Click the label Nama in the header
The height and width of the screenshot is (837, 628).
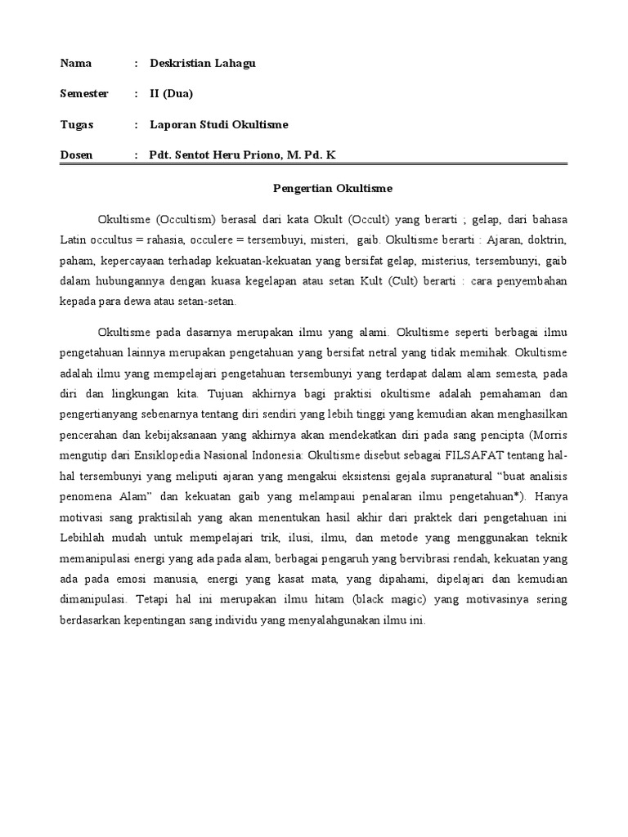point(76,64)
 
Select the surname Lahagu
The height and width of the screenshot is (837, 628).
point(233,64)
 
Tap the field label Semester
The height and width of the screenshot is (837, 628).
point(84,94)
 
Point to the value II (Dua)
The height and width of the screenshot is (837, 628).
point(172,94)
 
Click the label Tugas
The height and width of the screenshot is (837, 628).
point(77,124)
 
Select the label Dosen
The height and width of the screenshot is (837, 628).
point(77,154)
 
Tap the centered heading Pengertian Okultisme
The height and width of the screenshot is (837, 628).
point(332,189)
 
